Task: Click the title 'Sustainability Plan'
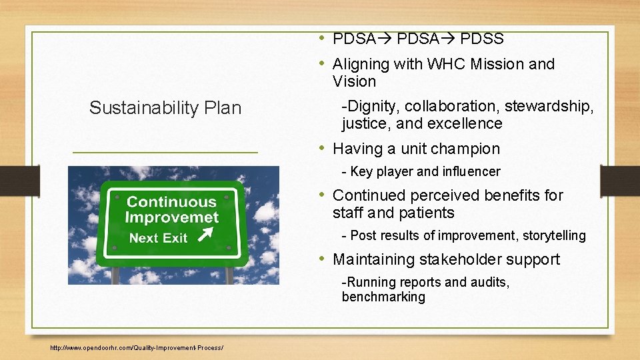[165, 108]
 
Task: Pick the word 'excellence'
[465, 123]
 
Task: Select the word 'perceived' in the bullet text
[443, 195]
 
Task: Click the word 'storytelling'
[554, 235]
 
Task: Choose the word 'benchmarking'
[383, 297]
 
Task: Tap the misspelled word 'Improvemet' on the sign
[171, 217]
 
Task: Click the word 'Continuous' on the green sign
[171, 202]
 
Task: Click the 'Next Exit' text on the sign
[158, 238]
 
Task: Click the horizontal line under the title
[165, 153]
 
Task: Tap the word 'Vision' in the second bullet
[354, 81]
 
